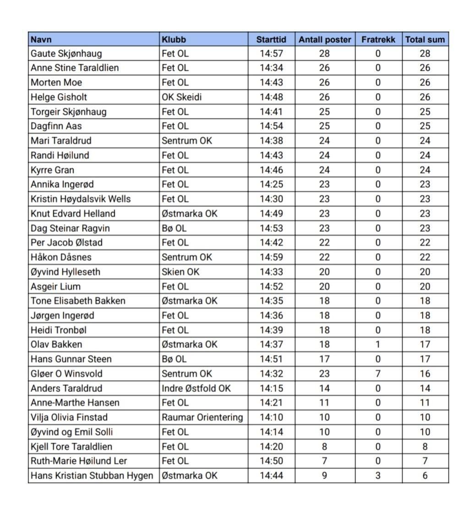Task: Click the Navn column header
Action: coord(41,39)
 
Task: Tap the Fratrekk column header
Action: coord(378,39)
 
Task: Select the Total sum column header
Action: coord(425,39)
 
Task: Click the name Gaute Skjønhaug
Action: coord(66,54)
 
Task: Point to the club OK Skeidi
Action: coord(182,97)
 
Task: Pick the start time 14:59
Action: coord(271,257)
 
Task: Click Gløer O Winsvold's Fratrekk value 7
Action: coord(378,374)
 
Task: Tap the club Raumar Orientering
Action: coord(202,417)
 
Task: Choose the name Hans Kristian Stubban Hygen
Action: coord(92,476)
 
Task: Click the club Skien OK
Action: coord(180,272)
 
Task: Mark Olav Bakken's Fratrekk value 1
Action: coord(378,344)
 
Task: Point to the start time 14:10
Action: coord(271,417)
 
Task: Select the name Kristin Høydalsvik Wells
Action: coord(81,199)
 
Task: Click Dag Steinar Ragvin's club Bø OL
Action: coord(174,228)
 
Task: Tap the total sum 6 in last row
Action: coord(425,476)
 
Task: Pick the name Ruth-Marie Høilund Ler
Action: coord(79,461)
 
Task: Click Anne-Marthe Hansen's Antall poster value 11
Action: coord(324,403)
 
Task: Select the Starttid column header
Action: coord(271,39)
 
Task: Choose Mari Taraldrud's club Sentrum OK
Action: coord(187,141)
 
